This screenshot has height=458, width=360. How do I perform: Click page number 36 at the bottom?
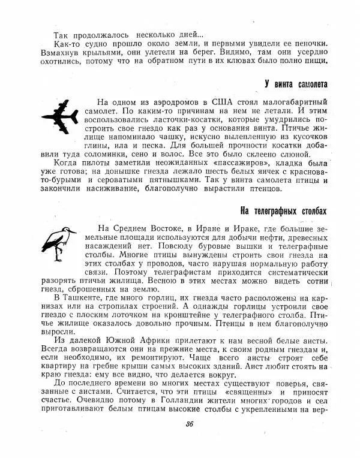190,427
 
